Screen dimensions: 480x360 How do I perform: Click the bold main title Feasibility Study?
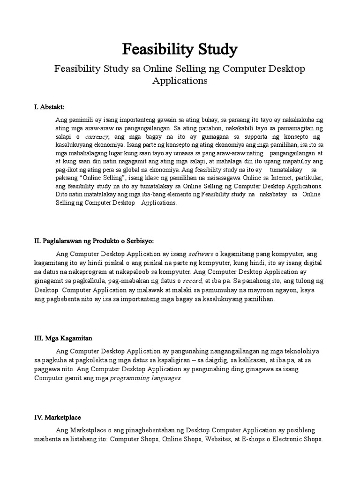[x=180, y=49]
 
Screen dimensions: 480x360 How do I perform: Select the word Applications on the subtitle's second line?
[x=180, y=81]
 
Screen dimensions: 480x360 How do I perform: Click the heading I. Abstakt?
[x=49, y=107]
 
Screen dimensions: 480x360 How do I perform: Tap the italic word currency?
[x=96, y=136]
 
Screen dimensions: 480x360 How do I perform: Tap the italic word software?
[x=201, y=255]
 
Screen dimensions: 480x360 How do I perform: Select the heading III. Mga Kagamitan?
[x=65, y=338]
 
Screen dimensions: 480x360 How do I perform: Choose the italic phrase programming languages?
[x=145, y=378]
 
